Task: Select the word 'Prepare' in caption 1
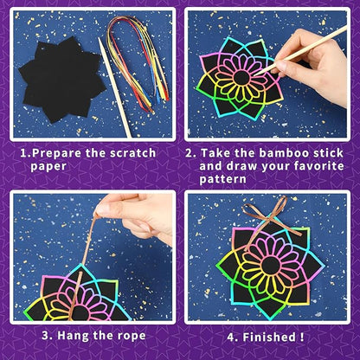[64, 153]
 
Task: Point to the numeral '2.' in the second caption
[191, 153]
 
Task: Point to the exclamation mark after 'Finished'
[303, 331]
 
